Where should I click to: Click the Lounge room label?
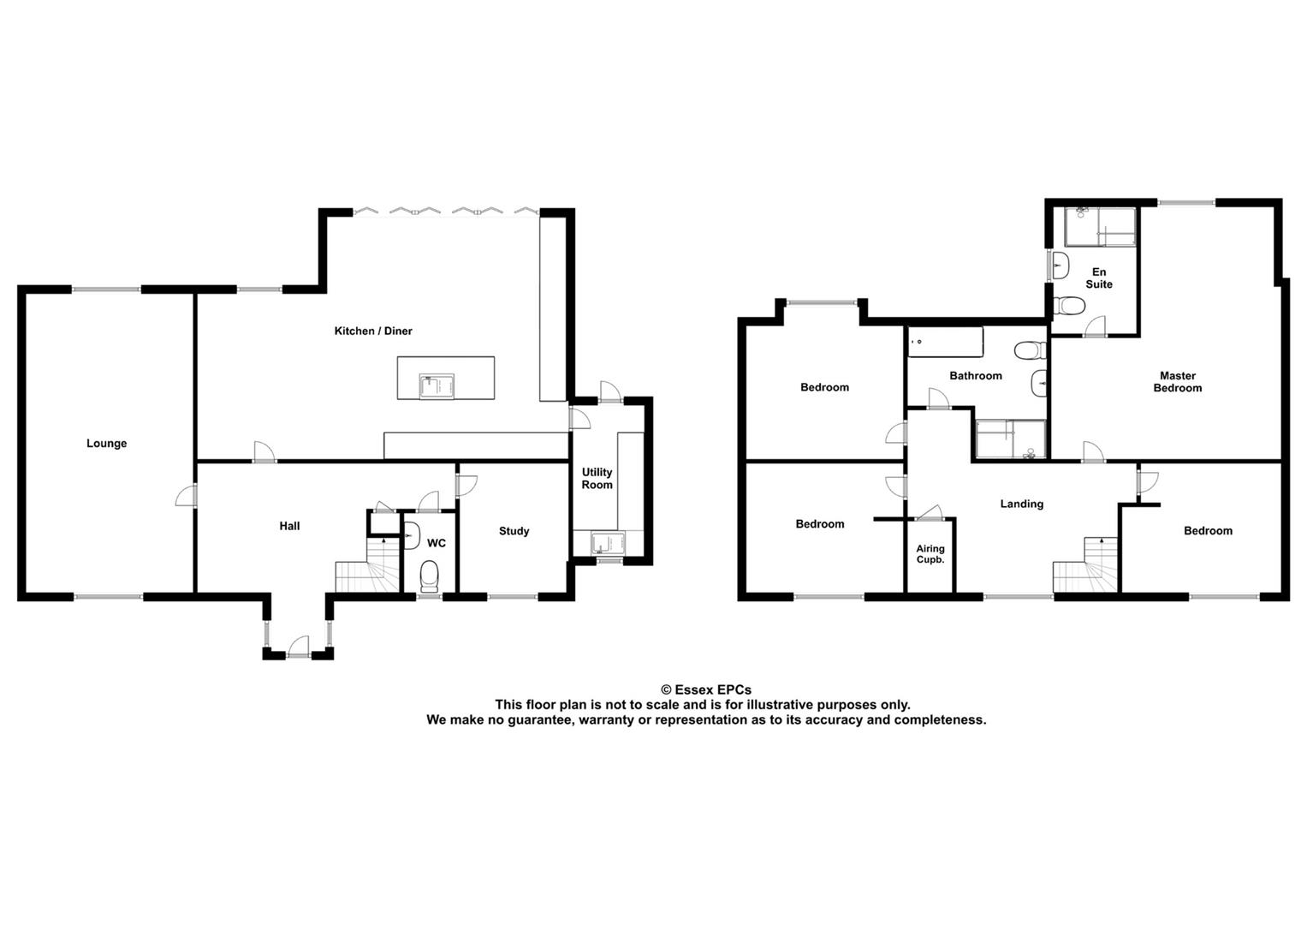pyautogui.click(x=106, y=444)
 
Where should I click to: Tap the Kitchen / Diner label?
pyautogui.click(x=373, y=331)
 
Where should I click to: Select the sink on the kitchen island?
pyautogui.click(x=437, y=386)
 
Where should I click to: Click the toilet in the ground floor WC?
pyautogui.click(x=430, y=576)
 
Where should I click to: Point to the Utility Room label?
pyautogui.click(x=597, y=478)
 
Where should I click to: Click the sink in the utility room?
pyautogui.click(x=608, y=543)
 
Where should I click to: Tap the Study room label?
pyautogui.click(x=514, y=531)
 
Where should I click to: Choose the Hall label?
pyautogui.click(x=289, y=526)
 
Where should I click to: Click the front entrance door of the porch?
pyautogui.click(x=298, y=647)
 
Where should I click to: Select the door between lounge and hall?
pyautogui.click(x=186, y=497)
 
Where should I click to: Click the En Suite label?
pyautogui.click(x=1099, y=278)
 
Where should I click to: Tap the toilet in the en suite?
pyautogui.click(x=1069, y=305)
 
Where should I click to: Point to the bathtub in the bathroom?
pyautogui.click(x=945, y=342)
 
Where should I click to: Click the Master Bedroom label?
pyautogui.click(x=1178, y=382)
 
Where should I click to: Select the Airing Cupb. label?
pyautogui.click(x=930, y=553)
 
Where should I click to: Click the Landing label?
pyautogui.click(x=1022, y=504)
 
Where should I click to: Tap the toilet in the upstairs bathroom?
pyautogui.click(x=1030, y=350)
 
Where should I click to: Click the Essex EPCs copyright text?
pyautogui.click(x=706, y=689)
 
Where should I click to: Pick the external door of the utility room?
pyautogui.click(x=610, y=391)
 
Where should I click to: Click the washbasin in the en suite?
pyautogui.click(x=1060, y=266)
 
